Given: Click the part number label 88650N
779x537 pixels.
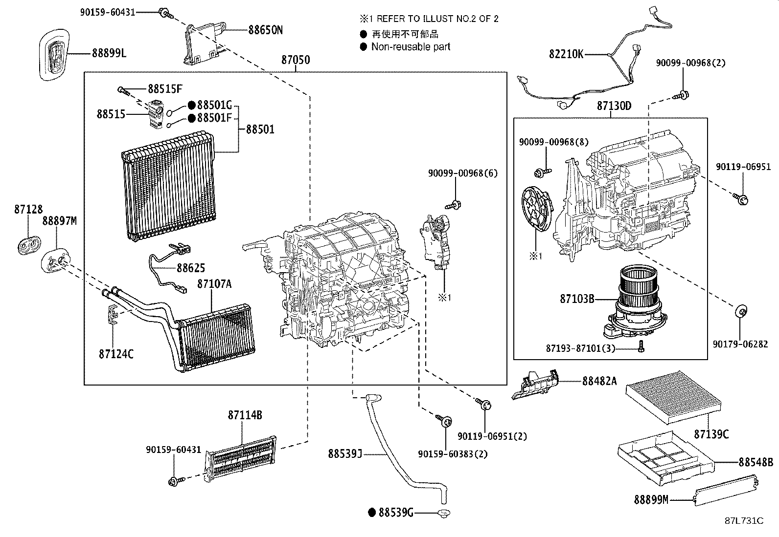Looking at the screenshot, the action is pyautogui.click(x=265, y=30).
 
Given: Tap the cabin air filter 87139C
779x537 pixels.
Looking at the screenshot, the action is pyautogui.click(x=673, y=397).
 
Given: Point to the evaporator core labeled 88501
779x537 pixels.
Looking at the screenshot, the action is pyautogui.click(x=169, y=186).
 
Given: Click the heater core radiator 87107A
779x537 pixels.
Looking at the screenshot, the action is pyautogui.click(x=216, y=336).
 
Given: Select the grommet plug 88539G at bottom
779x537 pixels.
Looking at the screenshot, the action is pyautogui.click(x=443, y=513).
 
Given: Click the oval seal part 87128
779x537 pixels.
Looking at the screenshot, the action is pyautogui.click(x=29, y=245).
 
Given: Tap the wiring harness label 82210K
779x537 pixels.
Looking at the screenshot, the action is pyautogui.click(x=566, y=54).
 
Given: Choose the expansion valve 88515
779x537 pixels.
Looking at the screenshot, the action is pyautogui.click(x=156, y=114).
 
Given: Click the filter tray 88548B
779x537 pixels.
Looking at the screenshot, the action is pyautogui.click(x=666, y=458).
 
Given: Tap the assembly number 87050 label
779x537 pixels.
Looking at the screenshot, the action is pyautogui.click(x=296, y=60).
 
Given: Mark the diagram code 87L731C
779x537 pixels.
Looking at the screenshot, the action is pyautogui.click(x=744, y=521).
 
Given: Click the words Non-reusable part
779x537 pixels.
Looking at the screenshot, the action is pyautogui.click(x=411, y=46).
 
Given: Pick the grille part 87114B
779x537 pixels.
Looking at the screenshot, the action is pyautogui.click(x=240, y=459).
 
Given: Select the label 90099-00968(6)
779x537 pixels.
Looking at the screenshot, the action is pyautogui.click(x=463, y=173).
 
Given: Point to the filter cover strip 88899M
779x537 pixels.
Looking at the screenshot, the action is pyautogui.click(x=726, y=492).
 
